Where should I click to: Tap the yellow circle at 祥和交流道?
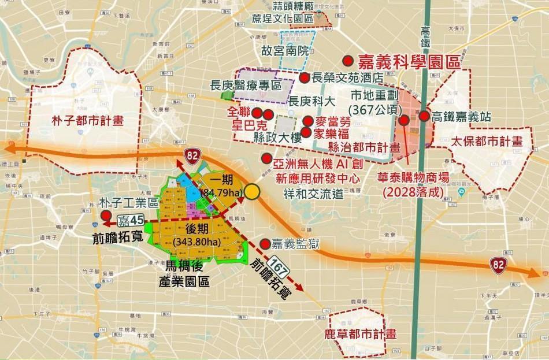(x=252, y=192)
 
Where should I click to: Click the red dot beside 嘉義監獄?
(x=265, y=243)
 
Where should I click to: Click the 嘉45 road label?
(x=131, y=220)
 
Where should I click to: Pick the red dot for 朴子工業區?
(x=106, y=216)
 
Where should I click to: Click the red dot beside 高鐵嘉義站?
(x=424, y=116)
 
